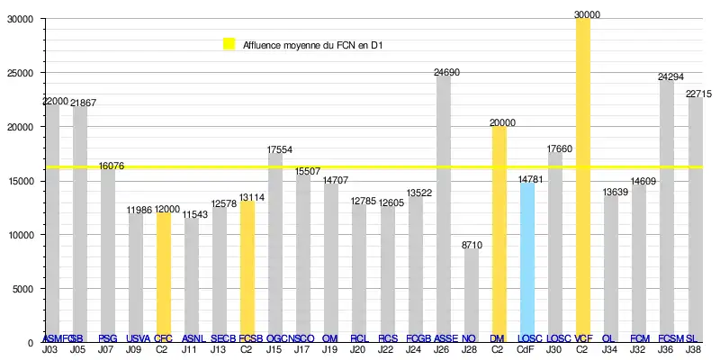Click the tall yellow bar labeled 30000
582,180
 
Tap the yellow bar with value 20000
499,234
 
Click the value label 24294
667,77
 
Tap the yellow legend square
229,43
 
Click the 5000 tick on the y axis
22,289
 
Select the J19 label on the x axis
330,348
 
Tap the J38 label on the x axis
694,348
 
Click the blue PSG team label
107,338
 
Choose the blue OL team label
610,338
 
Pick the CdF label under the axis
526,348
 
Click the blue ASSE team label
443,338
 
